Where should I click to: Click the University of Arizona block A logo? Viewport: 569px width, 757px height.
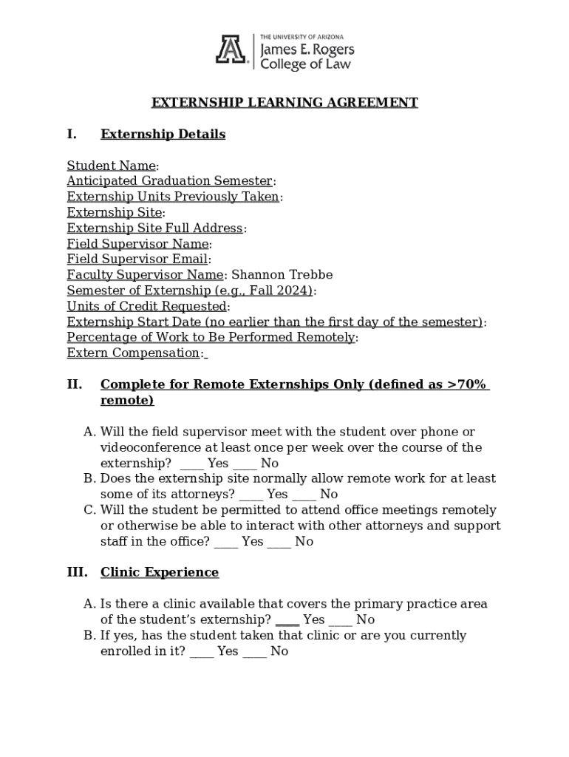[230, 51]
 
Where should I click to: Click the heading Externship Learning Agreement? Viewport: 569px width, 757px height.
[284, 103]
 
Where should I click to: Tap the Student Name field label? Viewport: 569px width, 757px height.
[111, 166]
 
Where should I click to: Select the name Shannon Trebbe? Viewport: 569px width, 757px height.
[282, 275]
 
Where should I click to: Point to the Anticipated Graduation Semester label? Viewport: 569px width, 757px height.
[170, 181]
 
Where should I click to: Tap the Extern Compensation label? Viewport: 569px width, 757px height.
[134, 353]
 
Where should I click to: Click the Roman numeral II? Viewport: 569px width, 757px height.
[74, 384]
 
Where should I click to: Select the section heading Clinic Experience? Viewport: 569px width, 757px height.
[160, 572]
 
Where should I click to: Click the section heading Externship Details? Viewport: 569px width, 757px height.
[163, 134]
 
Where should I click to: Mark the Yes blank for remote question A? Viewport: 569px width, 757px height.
[191, 465]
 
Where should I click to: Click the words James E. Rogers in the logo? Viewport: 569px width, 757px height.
[307, 50]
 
